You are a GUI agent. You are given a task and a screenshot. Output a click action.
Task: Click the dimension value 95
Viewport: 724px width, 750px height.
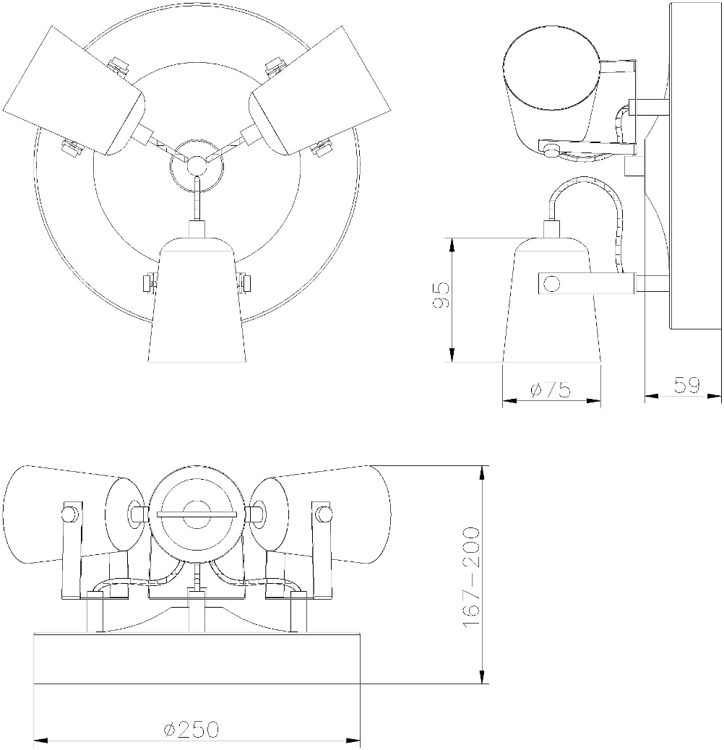(x=441, y=296)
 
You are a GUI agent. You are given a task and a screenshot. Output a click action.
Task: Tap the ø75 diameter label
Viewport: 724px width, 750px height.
(x=551, y=390)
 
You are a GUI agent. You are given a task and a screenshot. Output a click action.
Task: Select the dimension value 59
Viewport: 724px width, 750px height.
(x=686, y=385)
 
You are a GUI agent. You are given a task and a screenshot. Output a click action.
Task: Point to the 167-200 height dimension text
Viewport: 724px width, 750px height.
(x=472, y=577)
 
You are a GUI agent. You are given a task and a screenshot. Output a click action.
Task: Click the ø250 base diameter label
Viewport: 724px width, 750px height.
(x=191, y=730)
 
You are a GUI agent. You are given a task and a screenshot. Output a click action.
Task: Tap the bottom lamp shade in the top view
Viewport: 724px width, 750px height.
(x=196, y=299)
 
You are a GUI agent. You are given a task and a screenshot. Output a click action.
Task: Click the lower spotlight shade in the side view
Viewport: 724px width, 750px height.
(x=551, y=299)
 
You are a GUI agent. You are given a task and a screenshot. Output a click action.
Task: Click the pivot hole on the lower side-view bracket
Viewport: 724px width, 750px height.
(x=551, y=284)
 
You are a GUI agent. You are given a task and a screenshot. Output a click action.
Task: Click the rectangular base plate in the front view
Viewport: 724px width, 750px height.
(x=197, y=659)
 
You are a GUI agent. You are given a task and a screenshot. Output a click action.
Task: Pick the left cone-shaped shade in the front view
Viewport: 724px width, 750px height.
(x=72, y=514)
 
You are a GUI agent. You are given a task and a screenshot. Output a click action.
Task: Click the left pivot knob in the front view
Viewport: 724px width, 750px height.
(x=69, y=514)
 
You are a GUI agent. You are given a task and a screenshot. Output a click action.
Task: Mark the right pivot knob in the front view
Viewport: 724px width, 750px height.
(x=324, y=514)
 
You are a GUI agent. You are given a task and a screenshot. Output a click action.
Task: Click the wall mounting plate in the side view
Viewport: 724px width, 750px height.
(x=696, y=166)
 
